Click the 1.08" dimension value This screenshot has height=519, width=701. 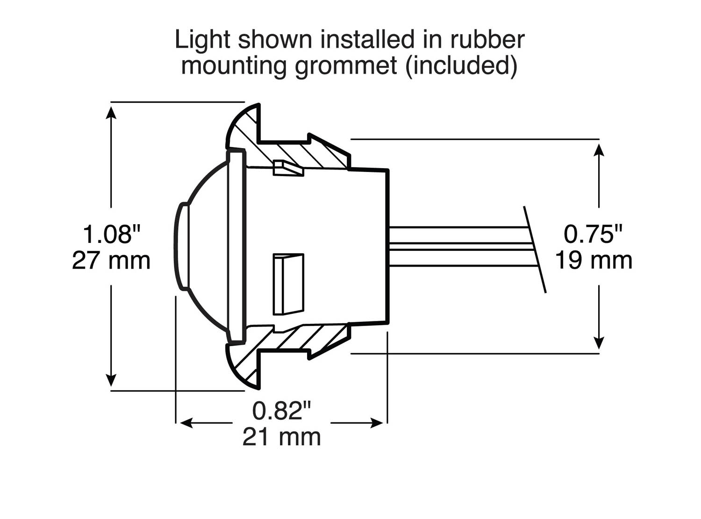coord(111,234)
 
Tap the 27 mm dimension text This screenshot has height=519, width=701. coord(111,261)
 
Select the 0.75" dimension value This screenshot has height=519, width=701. coord(593,234)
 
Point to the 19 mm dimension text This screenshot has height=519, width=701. coord(593,261)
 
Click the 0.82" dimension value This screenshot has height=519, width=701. coord(281,411)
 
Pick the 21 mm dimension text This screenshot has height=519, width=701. coord(281,438)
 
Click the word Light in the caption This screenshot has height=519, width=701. coord(203,40)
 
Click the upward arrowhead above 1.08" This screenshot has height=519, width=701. coord(111,112)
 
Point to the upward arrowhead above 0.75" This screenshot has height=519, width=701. coord(599,149)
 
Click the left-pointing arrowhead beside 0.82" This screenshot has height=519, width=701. coord(186,423)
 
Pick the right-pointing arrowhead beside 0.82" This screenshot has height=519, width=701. coord(377,423)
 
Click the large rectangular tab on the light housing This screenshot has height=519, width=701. coord(288,284)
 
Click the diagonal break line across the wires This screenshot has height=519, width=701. coord(535,249)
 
